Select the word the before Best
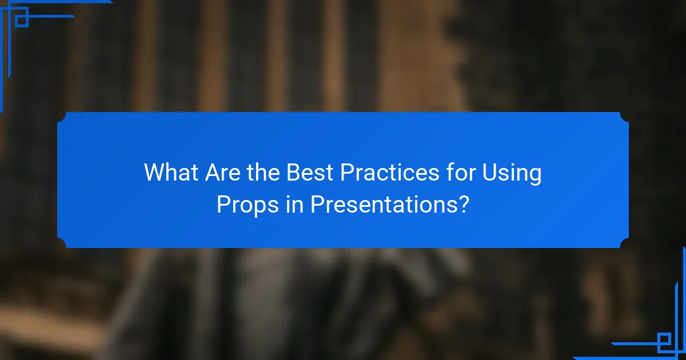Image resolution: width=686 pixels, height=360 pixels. pos(264,172)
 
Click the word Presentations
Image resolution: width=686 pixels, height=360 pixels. pos(382,204)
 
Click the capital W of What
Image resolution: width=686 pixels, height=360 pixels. pos(154,172)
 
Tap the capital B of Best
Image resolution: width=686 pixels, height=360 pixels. pos(293,172)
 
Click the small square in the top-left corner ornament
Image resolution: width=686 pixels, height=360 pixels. pos(21,21)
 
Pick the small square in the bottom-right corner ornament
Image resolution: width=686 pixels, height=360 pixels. pos(664,340)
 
